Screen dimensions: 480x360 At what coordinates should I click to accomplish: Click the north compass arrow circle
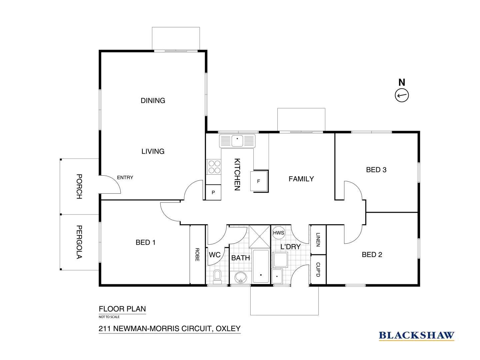(x=402, y=95)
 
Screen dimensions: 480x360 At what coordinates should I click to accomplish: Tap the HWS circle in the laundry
(x=278, y=233)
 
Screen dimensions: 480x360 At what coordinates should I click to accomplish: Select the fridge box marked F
(x=259, y=181)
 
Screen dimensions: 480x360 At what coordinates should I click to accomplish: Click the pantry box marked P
(x=213, y=193)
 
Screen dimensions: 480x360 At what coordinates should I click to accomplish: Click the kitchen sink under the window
(x=237, y=141)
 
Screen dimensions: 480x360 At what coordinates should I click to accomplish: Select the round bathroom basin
(x=240, y=277)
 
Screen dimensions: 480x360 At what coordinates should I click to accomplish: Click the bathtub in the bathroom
(x=261, y=266)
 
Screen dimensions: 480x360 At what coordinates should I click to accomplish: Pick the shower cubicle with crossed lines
(x=260, y=236)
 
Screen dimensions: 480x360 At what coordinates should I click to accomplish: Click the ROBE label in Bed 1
(x=197, y=255)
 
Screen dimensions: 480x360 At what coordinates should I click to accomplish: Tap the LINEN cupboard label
(x=318, y=240)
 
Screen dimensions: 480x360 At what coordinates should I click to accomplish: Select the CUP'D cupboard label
(x=318, y=270)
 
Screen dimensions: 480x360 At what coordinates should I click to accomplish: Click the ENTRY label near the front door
(x=125, y=178)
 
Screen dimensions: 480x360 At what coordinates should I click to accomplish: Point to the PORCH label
(x=79, y=186)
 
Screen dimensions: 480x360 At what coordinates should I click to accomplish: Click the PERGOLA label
(x=79, y=242)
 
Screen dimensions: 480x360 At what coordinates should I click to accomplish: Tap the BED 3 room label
(x=376, y=170)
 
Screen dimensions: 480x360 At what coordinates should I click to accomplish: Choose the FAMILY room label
(x=301, y=179)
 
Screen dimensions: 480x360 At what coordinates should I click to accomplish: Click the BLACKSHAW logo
(x=416, y=335)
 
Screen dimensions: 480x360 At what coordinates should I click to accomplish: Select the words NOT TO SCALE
(x=109, y=317)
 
